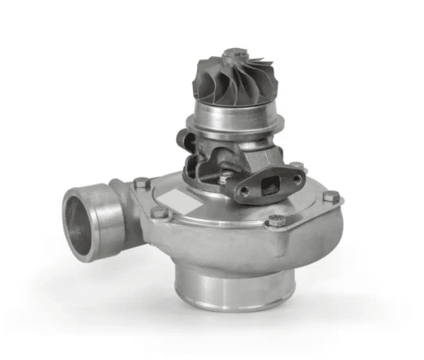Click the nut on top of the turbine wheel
pyautogui.click(x=235, y=53)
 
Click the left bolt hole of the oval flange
pyautogui.click(x=245, y=192)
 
